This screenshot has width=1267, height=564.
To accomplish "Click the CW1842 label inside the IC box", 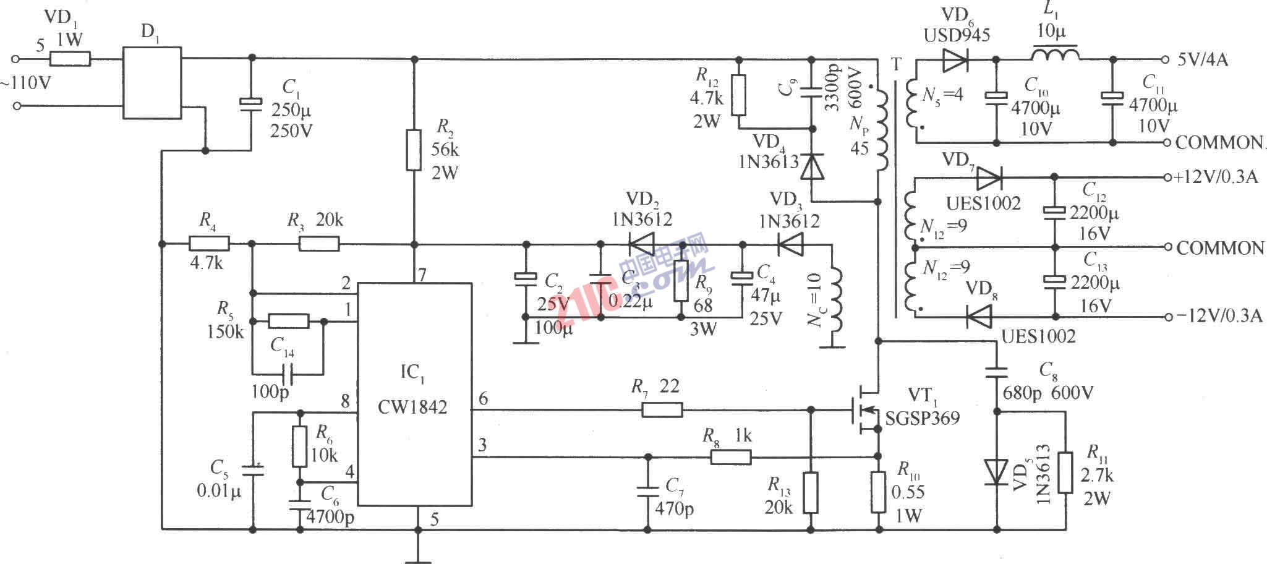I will point(412,407).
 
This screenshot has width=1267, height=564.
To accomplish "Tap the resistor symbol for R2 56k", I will point(414,150).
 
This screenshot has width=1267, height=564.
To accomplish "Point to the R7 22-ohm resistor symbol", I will point(662,409).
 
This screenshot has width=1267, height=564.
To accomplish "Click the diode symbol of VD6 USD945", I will point(957,59).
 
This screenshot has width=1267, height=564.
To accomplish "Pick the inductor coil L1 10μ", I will point(1055,54).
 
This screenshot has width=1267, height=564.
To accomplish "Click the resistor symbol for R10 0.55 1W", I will point(878,492).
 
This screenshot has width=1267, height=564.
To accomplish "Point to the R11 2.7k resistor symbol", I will point(1065,472).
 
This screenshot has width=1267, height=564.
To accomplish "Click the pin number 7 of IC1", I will point(422,275).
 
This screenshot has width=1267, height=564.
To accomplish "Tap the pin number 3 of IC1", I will point(483,444).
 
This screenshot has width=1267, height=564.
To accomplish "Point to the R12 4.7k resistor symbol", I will point(738,95).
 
